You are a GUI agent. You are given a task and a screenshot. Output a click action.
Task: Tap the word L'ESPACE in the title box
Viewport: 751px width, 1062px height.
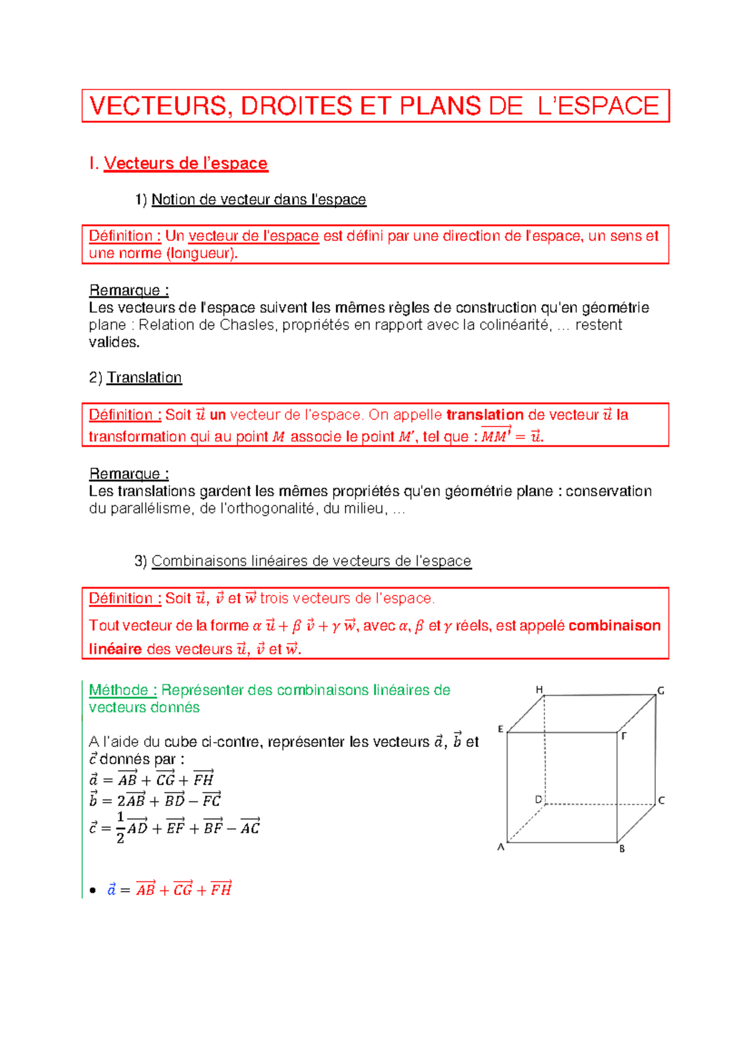click(x=598, y=106)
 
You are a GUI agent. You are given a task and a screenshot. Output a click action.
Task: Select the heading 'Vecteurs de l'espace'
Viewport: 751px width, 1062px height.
click(x=186, y=163)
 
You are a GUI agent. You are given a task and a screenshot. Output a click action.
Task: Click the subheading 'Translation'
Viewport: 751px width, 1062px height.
click(x=145, y=378)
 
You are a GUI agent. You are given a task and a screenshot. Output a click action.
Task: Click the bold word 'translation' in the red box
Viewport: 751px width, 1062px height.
click(x=485, y=415)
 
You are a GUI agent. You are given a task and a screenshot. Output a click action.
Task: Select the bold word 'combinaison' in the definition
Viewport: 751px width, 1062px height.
click(x=615, y=626)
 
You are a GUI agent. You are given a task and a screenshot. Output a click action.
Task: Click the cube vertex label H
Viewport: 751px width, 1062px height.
click(x=539, y=689)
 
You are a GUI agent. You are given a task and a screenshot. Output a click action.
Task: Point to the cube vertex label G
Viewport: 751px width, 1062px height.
click(x=660, y=691)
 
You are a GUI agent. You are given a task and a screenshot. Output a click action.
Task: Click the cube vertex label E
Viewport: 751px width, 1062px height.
click(x=501, y=729)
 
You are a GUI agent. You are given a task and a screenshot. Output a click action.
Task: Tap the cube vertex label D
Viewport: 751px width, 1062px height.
click(x=538, y=800)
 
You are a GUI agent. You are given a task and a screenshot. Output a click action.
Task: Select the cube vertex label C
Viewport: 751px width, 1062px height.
click(x=662, y=800)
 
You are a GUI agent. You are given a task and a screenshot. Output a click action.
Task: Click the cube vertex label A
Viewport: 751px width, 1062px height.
click(x=501, y=847)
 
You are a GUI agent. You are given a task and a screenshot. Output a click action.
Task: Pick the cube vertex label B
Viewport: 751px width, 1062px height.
click(x=622, y=849)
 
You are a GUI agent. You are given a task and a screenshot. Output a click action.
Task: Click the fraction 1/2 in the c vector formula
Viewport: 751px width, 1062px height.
click(x=120, y=827)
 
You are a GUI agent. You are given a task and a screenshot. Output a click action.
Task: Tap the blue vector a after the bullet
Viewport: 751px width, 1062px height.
click(x=111, y=889)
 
